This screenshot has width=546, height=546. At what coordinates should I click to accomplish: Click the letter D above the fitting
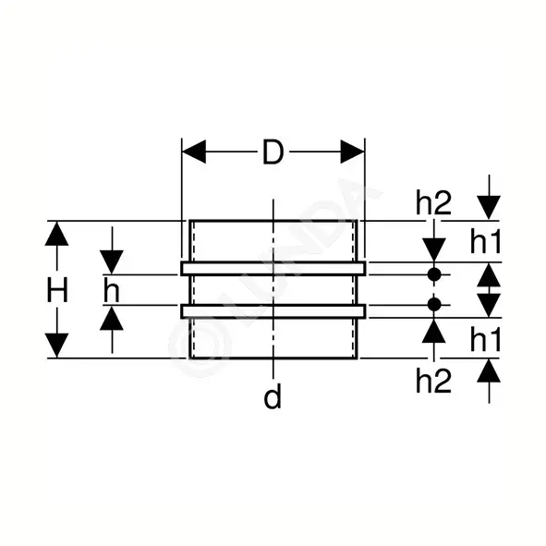(x=273, y=152)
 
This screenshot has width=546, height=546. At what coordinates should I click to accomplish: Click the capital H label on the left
(x=57, y=290)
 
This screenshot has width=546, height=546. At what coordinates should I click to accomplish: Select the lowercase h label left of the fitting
(x=112, y=290)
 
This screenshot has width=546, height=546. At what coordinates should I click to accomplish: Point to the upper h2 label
(x=433, y=202)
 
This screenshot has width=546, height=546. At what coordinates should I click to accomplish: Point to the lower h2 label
(x=433, y=381)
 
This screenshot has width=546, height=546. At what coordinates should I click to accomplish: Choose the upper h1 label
(x=485, y=242)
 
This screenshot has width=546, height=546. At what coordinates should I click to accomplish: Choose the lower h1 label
(x=485, y=339)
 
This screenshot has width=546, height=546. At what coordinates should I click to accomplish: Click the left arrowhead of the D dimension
(x=194, y=152)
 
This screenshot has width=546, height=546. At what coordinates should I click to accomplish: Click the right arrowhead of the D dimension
(x=352, y=152)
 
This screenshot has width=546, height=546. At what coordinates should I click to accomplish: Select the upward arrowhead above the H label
(x=56, y=234)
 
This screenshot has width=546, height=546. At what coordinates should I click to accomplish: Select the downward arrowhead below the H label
(x=56, y=346)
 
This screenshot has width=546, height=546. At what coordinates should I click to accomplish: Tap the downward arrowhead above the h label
(x=112, y=262)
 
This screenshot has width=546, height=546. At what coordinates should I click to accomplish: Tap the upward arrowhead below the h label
(x=112, y=318)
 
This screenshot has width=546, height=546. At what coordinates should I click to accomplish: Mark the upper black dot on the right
(x=434, y=274)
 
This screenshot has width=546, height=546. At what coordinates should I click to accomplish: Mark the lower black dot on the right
(x=434, y=305)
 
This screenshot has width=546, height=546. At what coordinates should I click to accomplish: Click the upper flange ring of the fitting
(x=273, y=269)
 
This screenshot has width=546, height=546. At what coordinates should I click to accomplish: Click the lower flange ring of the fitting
(x=273, y=311)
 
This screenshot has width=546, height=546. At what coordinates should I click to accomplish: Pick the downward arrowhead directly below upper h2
(x=434, y=250)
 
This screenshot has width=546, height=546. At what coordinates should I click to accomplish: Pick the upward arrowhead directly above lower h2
(x=434, y=331)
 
